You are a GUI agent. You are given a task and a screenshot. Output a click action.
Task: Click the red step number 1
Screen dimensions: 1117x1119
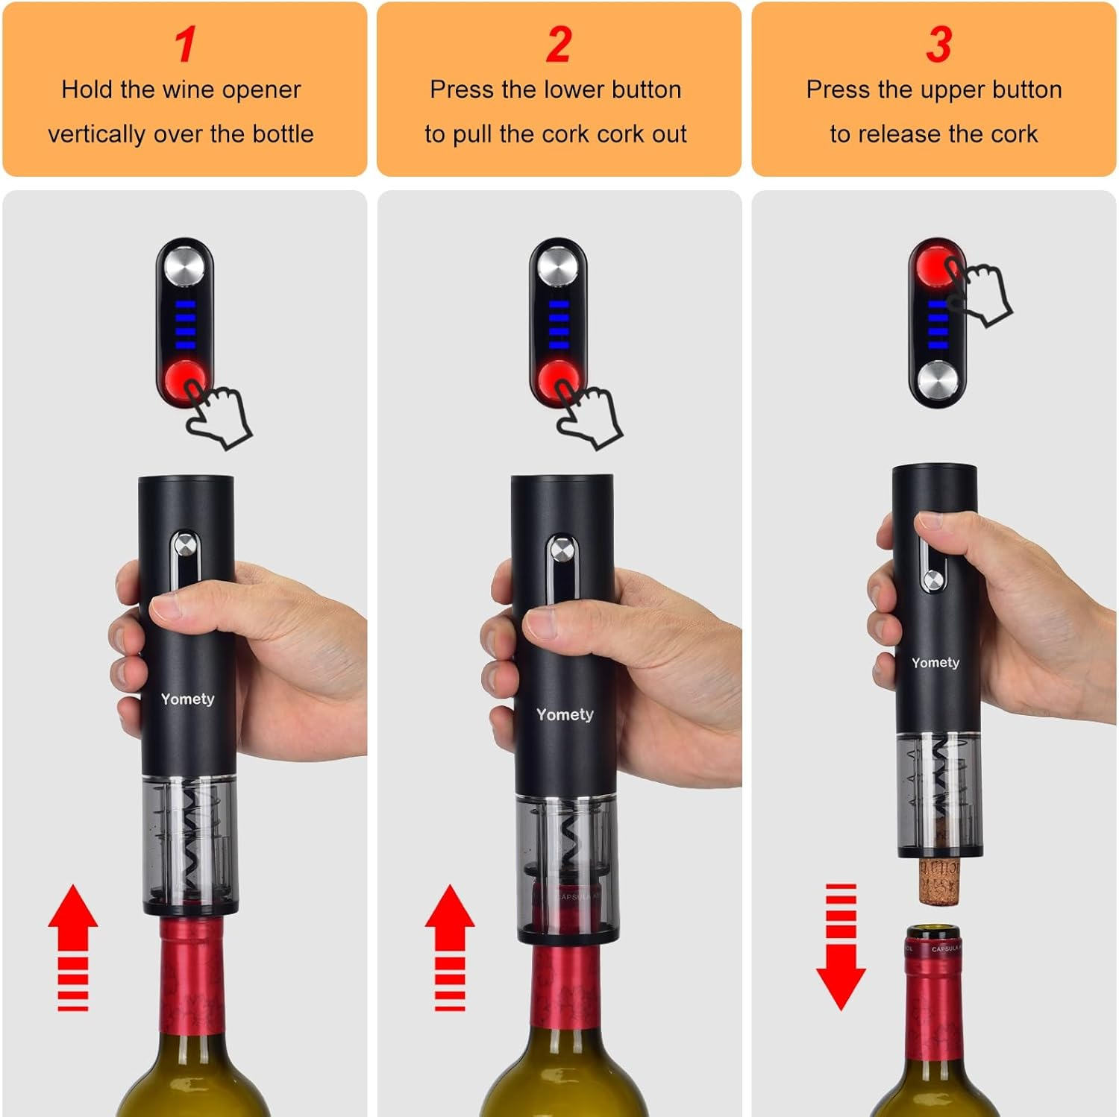[x=185, y=45]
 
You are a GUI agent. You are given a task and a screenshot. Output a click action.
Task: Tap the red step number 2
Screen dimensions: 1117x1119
[x=558, y=45]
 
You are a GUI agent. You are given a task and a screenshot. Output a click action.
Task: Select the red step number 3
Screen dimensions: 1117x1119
[x=938, y=45]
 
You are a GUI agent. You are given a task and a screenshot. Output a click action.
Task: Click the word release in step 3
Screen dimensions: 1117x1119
[x=900, y=134]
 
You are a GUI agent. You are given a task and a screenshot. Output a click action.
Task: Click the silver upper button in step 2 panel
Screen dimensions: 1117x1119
[x=557, y=266]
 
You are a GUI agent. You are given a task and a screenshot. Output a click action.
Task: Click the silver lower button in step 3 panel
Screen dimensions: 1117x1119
[x=937, y=380]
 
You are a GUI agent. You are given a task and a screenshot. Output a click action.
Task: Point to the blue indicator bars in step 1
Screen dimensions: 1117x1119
[x=185, y=324]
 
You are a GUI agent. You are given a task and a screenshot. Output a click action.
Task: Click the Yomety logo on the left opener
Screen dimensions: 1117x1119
[x=187, y=699]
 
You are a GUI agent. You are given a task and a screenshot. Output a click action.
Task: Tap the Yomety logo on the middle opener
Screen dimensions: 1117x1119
[x=565, y=714]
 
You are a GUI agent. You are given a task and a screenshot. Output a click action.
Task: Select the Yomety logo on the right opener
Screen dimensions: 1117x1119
[x=935, y=662]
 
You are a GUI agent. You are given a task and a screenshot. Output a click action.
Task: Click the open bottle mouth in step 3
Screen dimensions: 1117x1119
[x=932, y=933]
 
